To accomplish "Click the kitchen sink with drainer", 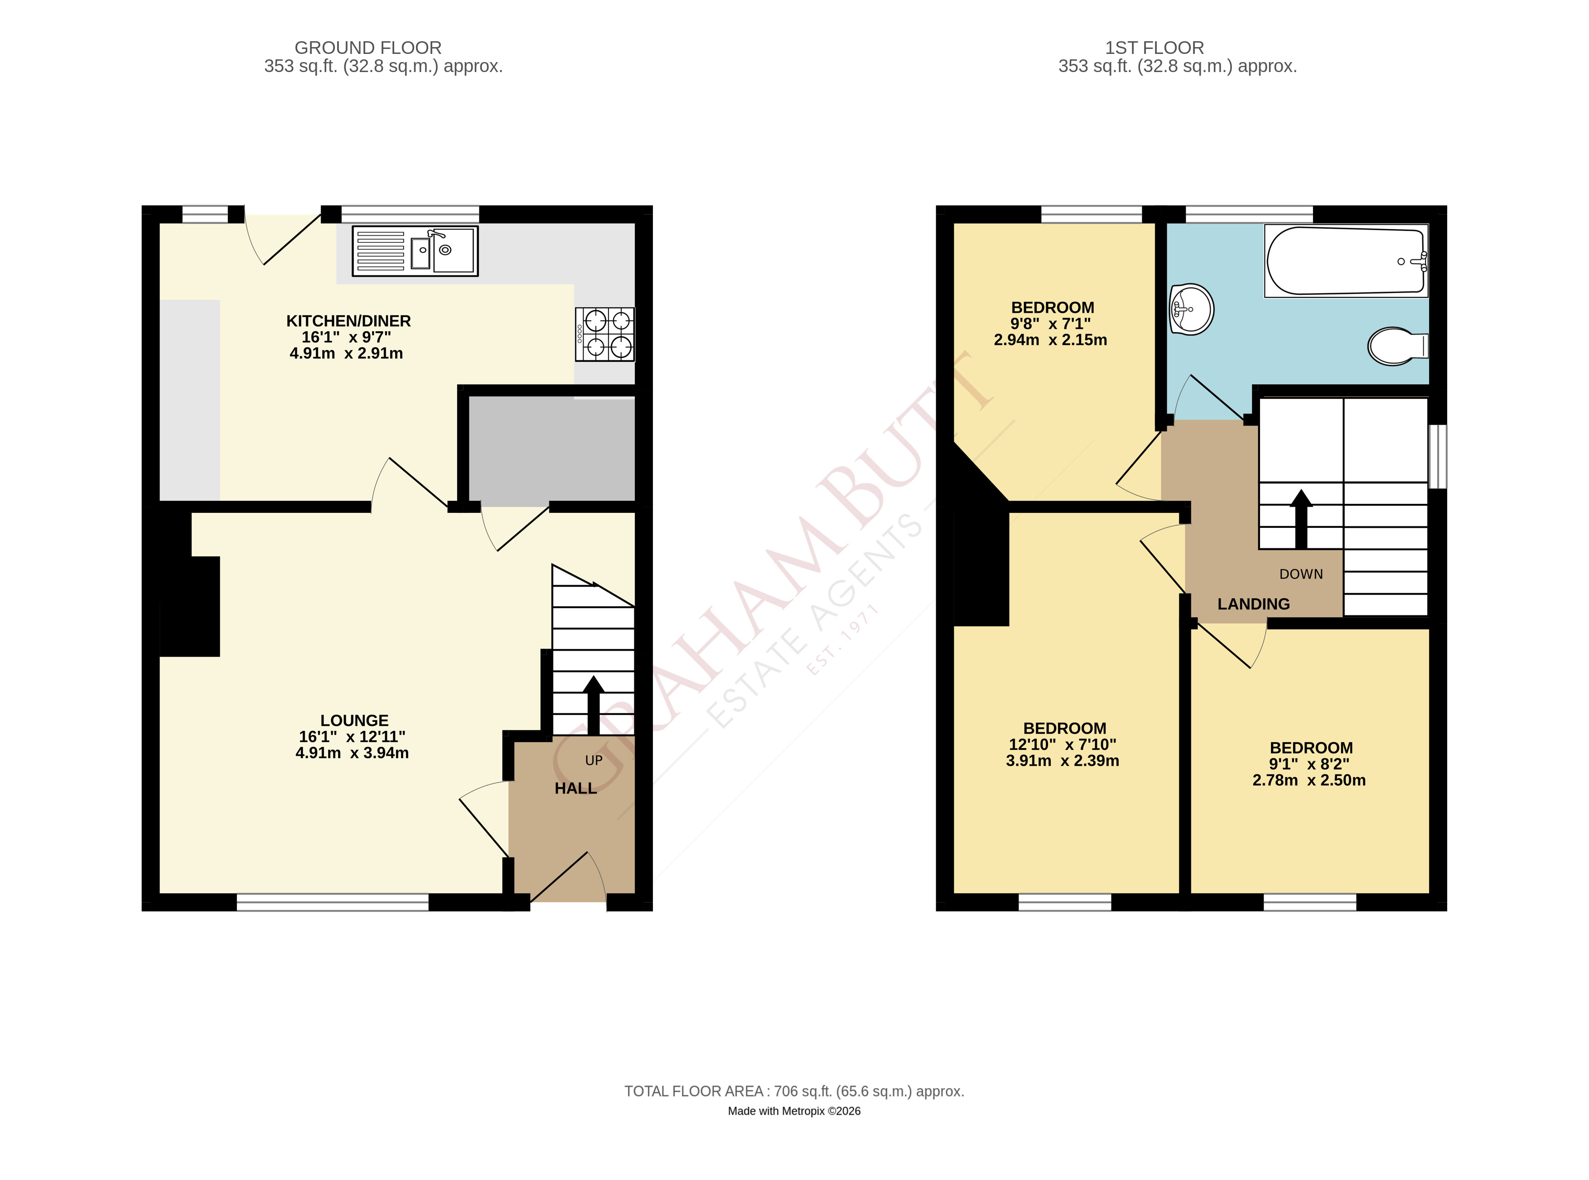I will coord(415,251).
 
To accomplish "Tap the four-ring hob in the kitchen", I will coord(605,334).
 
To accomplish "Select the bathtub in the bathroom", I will coord(1346,261).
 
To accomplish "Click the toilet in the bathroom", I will coord(1396,346).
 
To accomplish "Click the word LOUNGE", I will coord(354,721).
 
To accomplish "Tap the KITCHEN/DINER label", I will coord(348,321).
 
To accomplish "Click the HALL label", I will coord(575,788).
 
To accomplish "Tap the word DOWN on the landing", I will coord(1300,574).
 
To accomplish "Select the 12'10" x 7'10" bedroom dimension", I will coord(1062,744).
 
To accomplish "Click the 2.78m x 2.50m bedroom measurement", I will coord(1309,780).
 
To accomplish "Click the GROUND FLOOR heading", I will coord(368,48).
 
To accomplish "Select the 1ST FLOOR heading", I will coord(1154,48).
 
